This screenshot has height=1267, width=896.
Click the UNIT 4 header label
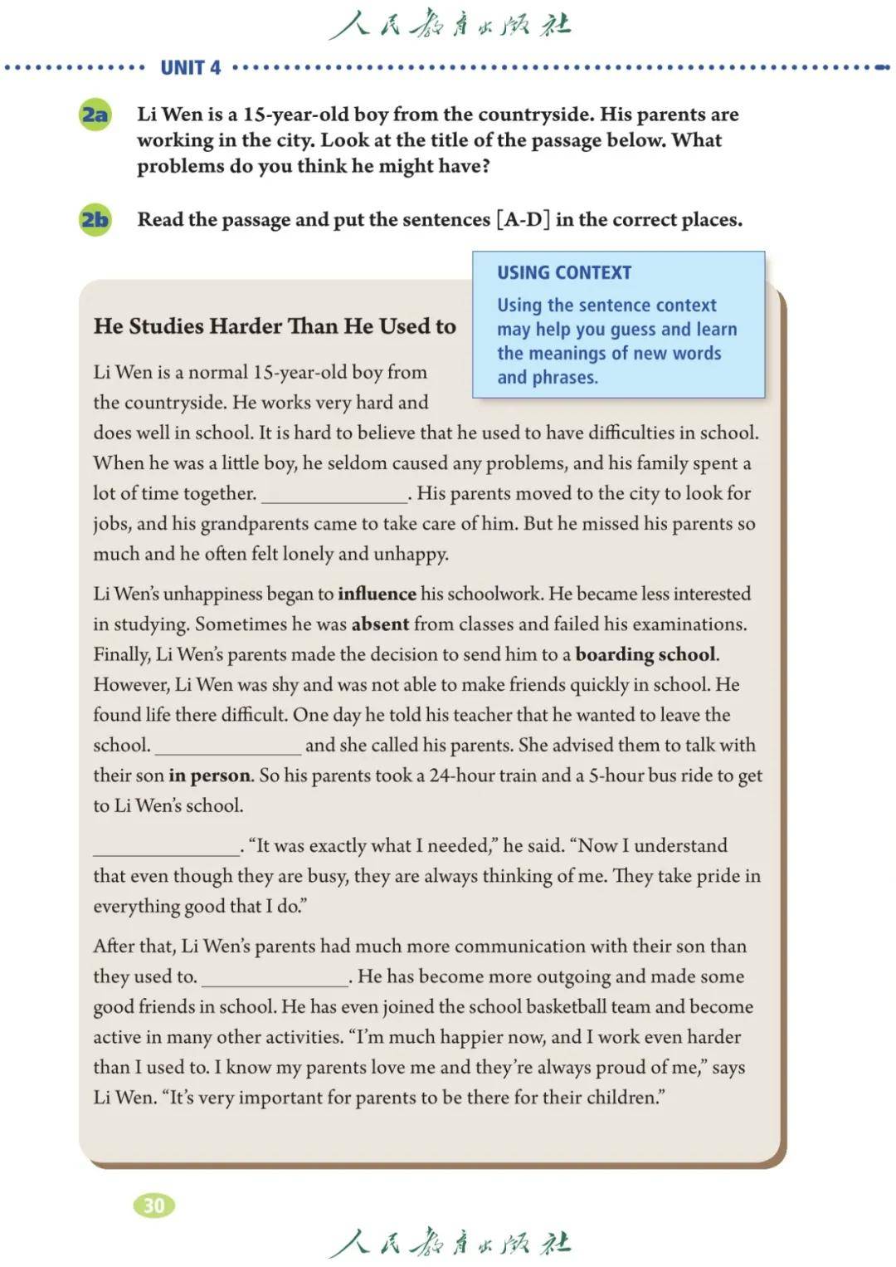(191, 68)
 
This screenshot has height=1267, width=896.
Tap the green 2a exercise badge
(95, 115)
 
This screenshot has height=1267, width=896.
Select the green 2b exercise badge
(95, 220)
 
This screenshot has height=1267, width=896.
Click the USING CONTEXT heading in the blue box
(564, 272)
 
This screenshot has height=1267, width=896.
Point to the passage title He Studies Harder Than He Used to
(275, 326)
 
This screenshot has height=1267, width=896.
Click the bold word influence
(377, 594)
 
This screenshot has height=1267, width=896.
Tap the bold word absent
(380, 624)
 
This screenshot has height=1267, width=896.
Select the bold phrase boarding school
(645, 654)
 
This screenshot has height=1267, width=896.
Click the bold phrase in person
(209, 775)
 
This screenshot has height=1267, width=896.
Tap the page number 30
(153, 1205)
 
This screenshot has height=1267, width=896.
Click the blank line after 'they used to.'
(275, 981)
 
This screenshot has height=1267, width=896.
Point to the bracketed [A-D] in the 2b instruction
(523, 220)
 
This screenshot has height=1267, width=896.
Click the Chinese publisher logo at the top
(449, 25)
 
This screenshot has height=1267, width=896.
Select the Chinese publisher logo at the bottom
(449, 1242)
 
